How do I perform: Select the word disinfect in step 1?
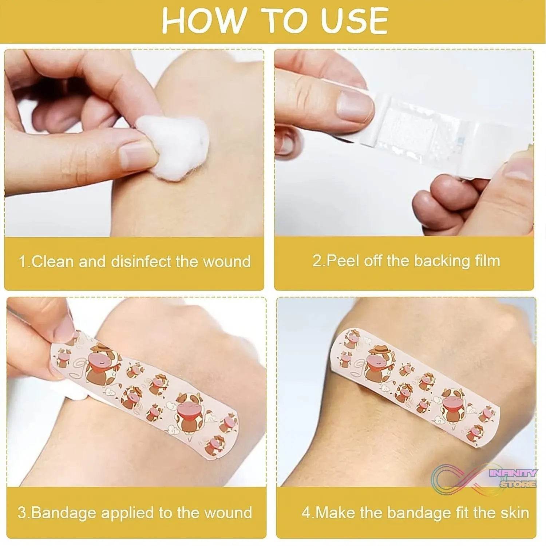(x=141, y=262)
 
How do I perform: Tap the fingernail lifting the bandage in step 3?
(x=64, y=329)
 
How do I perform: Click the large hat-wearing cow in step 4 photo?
(x=379, y=362)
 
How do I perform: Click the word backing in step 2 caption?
(x=437, y=261)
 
